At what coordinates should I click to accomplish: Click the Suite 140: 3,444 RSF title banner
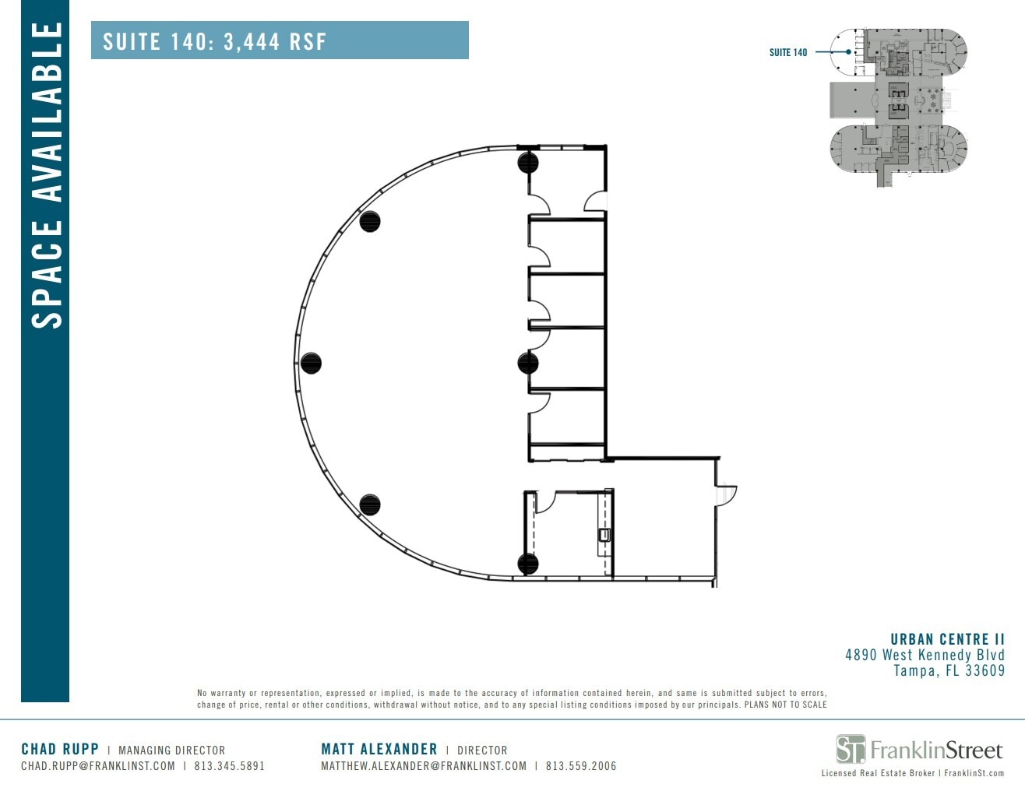(x=279, y=40)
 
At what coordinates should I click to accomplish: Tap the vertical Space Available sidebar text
(x=46, y=175)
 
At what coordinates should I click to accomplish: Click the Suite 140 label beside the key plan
(x=788, y=52)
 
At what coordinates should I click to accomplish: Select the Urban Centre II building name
(x=947, y=639)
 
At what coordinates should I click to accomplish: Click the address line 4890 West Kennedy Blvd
(x=925, y=655)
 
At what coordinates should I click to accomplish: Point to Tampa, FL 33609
(x=949, y=670)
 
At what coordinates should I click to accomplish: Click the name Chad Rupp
(x=60, y=749)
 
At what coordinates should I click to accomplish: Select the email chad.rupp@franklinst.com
(x=98, y=766)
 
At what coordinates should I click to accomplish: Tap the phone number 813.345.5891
(x=230, y=766)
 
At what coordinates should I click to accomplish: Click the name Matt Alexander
(x=379, y=749)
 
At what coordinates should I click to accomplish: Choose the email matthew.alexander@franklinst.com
(x=424, y=766)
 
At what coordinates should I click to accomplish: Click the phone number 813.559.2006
(x=581, y=766)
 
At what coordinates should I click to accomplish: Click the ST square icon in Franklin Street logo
(x=851, y=749)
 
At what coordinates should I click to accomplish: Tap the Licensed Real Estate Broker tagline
(x=878, y=773)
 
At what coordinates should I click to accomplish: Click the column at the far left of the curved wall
(x=311, y=363)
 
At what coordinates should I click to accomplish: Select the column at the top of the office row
(x=528, y=163)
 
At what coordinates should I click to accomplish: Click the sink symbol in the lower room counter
(x=604, y=535)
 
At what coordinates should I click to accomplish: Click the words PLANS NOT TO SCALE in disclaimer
(x=786, y=705)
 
